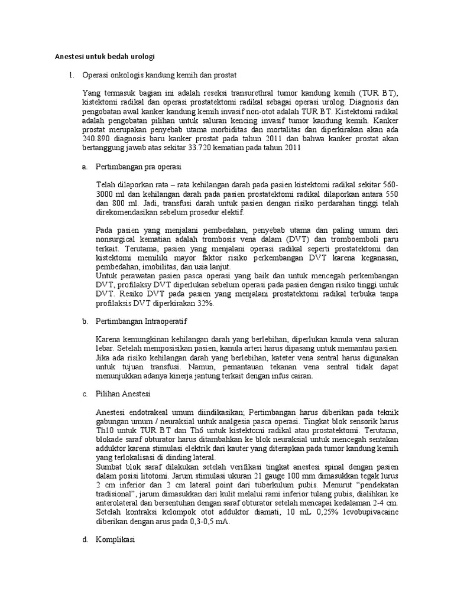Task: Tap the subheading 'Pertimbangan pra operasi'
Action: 138,167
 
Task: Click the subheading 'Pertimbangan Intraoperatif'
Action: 143,321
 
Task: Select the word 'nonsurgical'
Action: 117,240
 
